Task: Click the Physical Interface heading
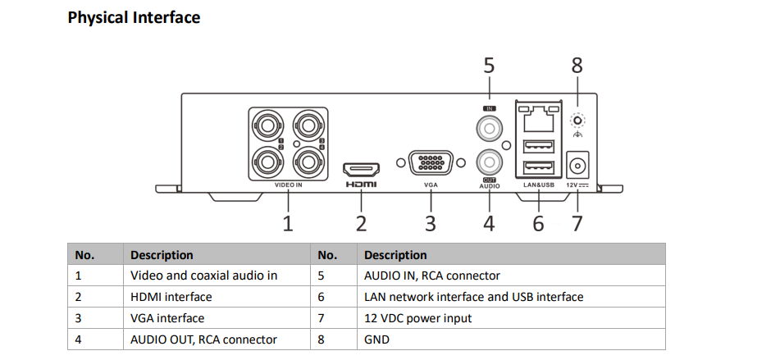(134, 17)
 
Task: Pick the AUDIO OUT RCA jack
(490, 161)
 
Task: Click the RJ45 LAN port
(538, 121)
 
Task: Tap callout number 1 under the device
(288, 223)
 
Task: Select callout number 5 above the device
(490, 65)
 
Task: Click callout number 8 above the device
(577, 65)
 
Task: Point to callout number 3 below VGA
(431, 223)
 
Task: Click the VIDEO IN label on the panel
(288, 185)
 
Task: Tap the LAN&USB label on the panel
(538, 185)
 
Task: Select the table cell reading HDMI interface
(171, 297)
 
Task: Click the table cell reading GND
(376, 339)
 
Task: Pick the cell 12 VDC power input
(417, 318)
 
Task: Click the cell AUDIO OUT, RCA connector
(203, 339)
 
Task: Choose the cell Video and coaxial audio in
(203, 276)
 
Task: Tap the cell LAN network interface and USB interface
(473, 297)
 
